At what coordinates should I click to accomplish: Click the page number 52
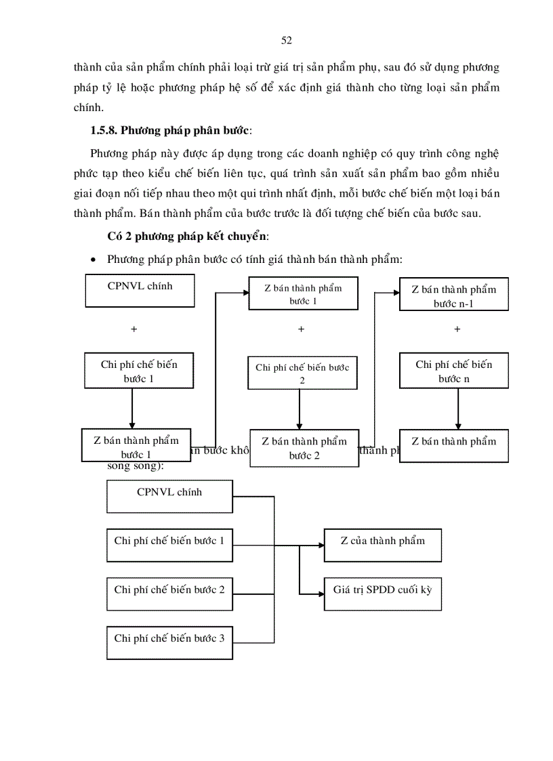click(286, 41)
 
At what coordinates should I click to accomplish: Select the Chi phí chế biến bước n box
click(453, 371)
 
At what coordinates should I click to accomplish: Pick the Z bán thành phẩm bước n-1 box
click(453, 296)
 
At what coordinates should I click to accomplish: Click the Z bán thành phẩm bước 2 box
click(304, 448)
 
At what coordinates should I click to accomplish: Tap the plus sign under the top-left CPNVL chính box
click(134, 329)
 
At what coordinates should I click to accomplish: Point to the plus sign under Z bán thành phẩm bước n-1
click(457, 329)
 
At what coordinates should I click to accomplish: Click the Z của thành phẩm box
click(383, 545)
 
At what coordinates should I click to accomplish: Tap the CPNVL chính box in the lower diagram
click(169, 496)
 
